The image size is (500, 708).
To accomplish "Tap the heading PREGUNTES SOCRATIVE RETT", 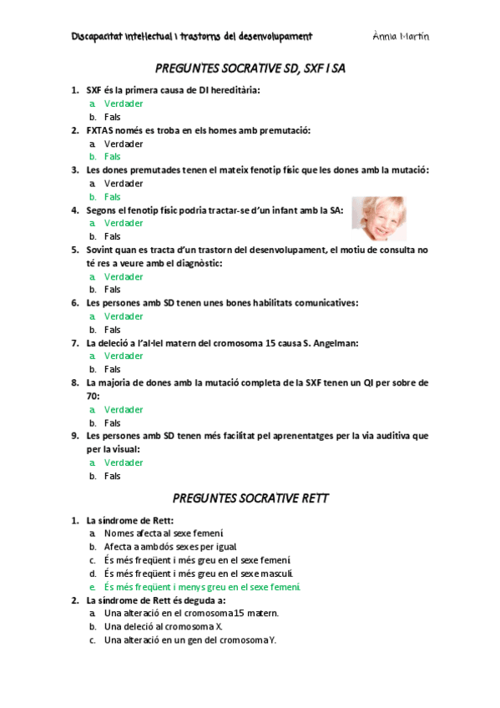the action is pyautogui.click(x=250, y=498).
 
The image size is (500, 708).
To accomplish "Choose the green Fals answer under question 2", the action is pyautogui.click(x=113, y=156).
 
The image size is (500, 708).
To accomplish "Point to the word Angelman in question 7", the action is pyautogui.click(x=333, y=342).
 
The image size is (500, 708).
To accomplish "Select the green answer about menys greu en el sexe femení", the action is pyautogui.click(x=202, y=587).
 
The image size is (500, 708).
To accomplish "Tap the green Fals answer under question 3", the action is pyautogui.click(x=113, y=196).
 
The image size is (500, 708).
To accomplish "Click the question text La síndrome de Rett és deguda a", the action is pyautogui.click(x=156, y=599).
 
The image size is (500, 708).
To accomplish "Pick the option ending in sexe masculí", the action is pyautogui.click(x=199, y=574).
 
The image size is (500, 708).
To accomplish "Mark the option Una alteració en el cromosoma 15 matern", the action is pyautogui.click(x=191, y=613).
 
